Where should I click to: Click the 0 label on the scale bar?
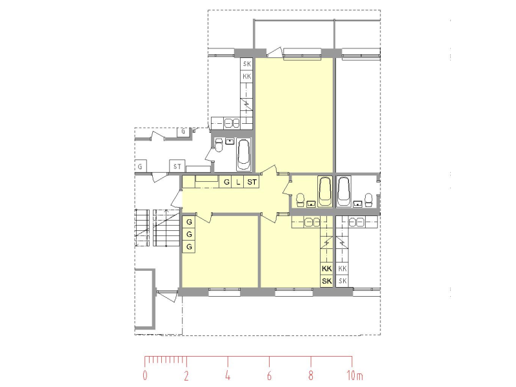click(145, 375)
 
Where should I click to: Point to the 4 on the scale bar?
click(228, 375)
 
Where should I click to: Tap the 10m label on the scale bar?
click(354, 375)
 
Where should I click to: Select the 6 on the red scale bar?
click(269, 375)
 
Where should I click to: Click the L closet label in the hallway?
click(238, 182)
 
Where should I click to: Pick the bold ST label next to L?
click(252, 182)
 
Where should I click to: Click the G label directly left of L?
click(226, 182)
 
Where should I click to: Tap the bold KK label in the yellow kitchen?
click(327, 268)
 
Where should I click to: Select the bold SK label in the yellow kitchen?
click(327, 281)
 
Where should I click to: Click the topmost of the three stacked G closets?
click(189, 222)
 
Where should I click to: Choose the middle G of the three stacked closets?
click(189, 234)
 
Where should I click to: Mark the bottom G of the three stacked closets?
click(189, 246)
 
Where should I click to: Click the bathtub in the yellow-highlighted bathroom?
click(325, 192)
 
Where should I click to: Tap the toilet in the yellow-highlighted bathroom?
click(300, 200)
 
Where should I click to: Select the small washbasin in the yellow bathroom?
click(311, 204)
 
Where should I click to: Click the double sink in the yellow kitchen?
click(312, 222)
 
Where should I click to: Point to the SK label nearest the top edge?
click(247, 64)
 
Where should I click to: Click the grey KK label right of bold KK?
click(342, 268)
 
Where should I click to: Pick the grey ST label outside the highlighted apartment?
click(177, 166)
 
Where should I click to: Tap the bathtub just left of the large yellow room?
click(244, 155)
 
